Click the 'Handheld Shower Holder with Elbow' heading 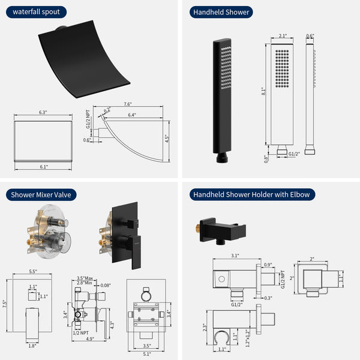[x=251, y=194]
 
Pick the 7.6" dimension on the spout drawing [x=128, y=103]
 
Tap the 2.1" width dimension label [x=283, y=36]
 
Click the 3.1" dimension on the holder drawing [x=234, y=256]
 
